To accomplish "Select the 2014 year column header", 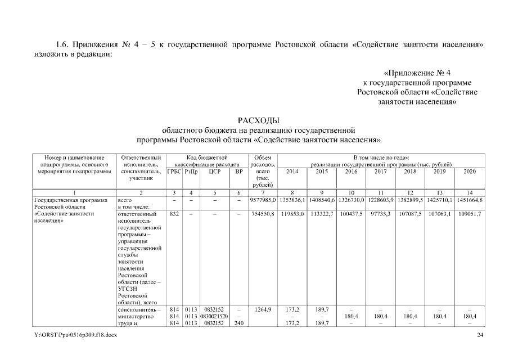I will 292,171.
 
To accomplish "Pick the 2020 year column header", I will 470,171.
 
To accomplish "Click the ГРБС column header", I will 174,171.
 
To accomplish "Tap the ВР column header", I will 239,171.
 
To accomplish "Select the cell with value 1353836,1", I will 292,200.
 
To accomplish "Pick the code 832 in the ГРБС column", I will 174,214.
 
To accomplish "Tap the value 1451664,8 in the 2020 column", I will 470,200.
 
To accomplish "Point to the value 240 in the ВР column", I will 239,324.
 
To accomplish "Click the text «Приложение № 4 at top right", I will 417,73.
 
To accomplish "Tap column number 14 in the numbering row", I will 470,193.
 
